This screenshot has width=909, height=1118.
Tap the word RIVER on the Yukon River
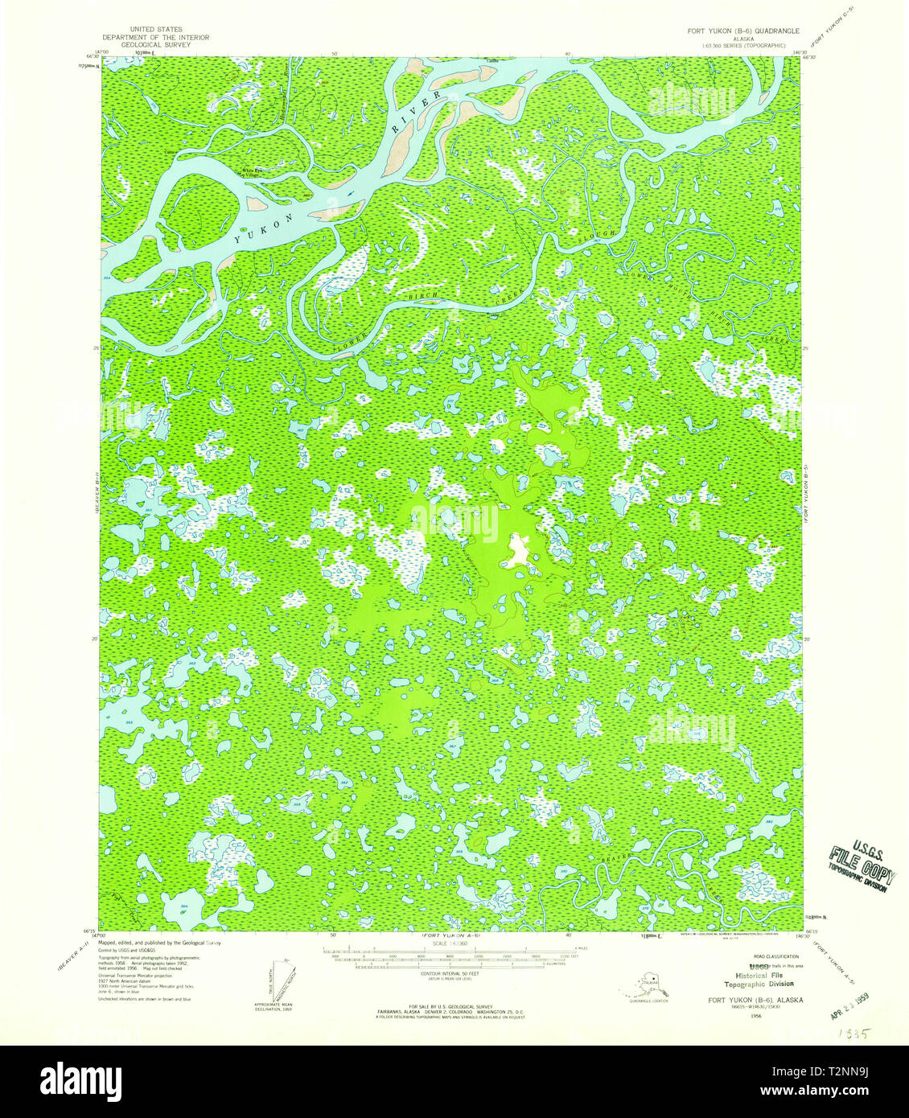pos(417,112)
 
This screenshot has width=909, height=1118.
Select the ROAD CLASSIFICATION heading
pos(770,957)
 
